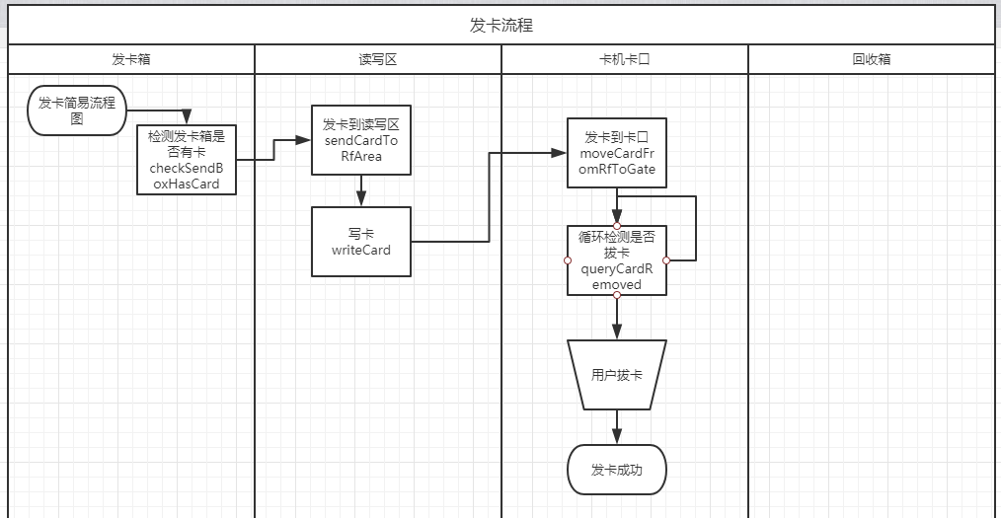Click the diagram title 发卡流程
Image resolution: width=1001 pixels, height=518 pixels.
point(500,26)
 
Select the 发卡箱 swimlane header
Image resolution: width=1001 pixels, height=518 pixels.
point(131,59)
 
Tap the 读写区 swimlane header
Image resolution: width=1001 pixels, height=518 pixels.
point(378,59)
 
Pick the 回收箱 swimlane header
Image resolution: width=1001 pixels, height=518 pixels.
point(872,59)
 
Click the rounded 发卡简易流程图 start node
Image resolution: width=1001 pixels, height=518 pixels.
point(77,110)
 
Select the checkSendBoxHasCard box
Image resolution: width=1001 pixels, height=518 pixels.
point(187,160)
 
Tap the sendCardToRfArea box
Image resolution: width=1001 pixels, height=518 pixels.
point(360,140)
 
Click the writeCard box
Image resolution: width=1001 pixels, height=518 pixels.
point(360,242)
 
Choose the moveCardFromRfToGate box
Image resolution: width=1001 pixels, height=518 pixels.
point(617,153)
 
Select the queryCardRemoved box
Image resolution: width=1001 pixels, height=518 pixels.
point(617,260)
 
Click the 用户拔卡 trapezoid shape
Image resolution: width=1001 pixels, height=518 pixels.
point(617,375)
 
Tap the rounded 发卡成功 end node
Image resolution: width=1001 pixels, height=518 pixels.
point(617,470)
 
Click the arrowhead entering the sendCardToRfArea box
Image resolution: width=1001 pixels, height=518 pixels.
point(305,140)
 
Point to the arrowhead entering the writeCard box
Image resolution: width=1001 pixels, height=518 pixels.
point(361,200)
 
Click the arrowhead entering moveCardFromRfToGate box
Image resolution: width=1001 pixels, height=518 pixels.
point(561,153)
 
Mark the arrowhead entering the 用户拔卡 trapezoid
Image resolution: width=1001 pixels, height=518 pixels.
point(617,334)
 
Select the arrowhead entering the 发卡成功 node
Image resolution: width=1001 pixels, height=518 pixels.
point(617,439)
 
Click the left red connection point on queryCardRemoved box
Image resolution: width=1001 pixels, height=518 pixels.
point(568,260)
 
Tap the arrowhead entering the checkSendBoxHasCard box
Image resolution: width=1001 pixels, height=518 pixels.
point(186,119)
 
